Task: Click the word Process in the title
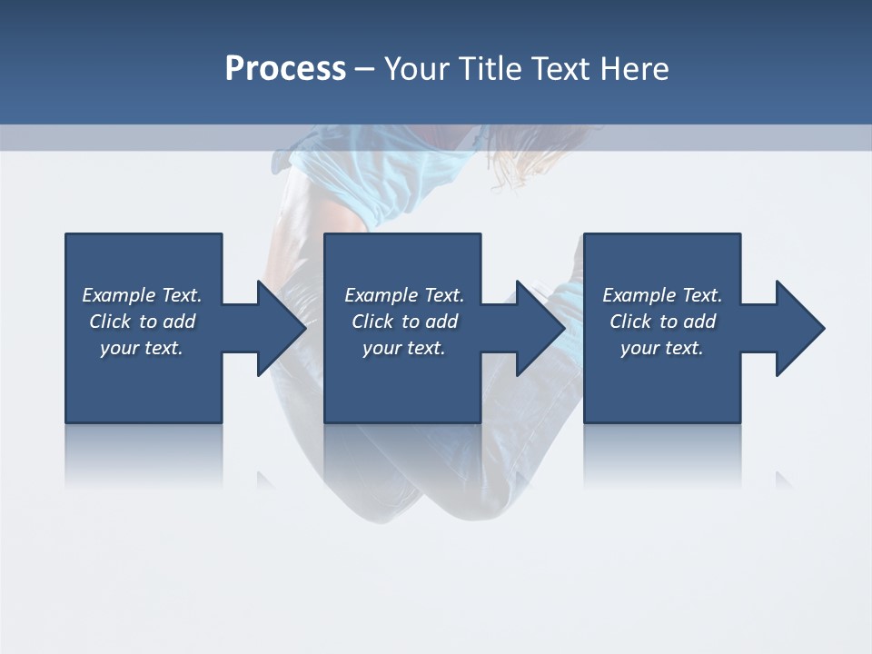(x=285, y=69)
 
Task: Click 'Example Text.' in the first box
(x=142, y=295)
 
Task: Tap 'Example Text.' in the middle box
(x=404, y=295)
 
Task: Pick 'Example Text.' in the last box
(x=662, y=295)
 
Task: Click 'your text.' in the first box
(x=142, y=348)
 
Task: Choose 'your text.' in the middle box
(x=404, y=348)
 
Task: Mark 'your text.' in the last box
(x=662, y=348)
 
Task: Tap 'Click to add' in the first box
(x=142, y=322)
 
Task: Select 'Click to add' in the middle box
(x=404, y=322)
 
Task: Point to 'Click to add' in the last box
(x=662, y=322)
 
